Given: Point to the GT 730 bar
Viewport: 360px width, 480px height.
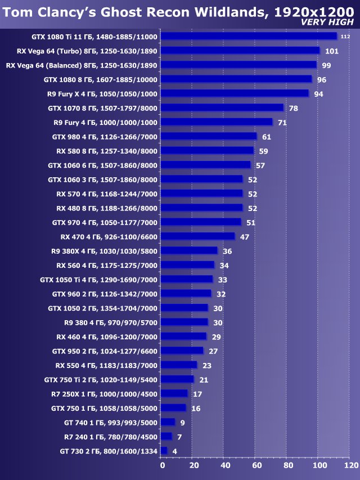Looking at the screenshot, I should [x=164, y=451].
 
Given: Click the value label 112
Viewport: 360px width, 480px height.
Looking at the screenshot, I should [x=345, y=37].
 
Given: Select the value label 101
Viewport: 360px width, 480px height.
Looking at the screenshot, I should [x=331, y=51].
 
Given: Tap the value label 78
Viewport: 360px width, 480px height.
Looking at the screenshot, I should [x=293, y=108].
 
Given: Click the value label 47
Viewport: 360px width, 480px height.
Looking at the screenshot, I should [x=244, y=237].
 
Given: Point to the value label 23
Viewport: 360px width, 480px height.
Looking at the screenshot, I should [x=206, y=366].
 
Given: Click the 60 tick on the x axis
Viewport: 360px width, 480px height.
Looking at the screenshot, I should [x=256, y=465].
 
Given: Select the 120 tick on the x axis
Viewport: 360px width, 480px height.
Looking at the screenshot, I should [x=350, y=465].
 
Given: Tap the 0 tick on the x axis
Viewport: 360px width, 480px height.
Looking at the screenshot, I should [x=163, y=465].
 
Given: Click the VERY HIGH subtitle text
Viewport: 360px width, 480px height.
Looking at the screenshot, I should [x=327, y=22].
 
